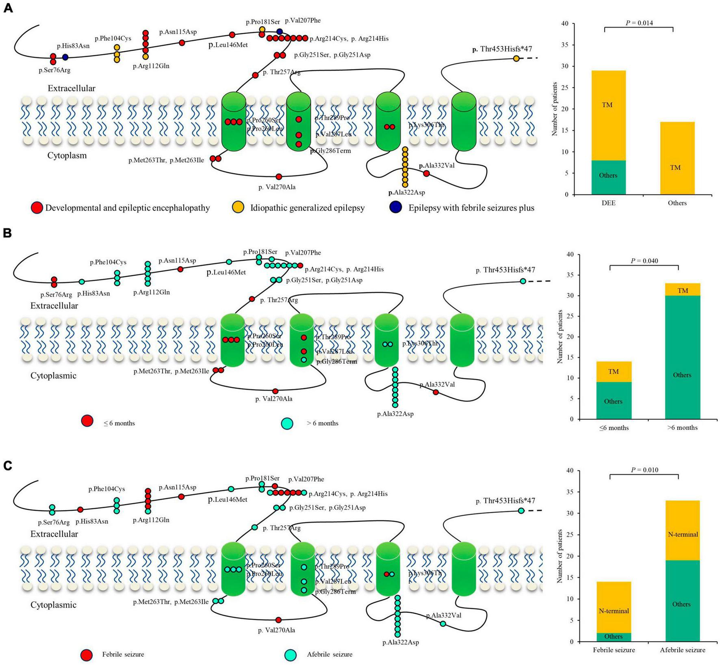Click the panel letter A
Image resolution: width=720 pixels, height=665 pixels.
coord(8,8)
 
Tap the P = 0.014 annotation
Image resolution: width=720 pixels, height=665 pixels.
coord(639,23)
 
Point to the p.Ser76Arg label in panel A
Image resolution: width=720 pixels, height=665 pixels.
coord(54,70)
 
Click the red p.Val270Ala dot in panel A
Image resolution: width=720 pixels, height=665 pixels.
coord(279,177)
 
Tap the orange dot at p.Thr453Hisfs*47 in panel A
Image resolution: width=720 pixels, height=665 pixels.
coord(516,58)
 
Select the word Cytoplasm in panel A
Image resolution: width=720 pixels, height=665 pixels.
coord(67,155)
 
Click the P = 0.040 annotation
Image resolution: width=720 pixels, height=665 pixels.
coord(644,261)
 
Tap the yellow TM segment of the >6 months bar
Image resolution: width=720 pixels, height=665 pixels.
coord(683,290)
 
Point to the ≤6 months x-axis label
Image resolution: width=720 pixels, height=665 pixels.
coord(614,427)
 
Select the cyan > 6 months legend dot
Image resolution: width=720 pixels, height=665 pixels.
coord(287,423)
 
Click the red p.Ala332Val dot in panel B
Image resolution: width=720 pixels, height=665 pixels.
coord(436,392)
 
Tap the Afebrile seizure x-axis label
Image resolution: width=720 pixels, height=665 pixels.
coord(683,650)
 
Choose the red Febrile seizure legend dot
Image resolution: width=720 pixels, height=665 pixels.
coord(87,654)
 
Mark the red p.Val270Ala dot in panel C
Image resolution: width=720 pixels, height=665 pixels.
coord(278,620)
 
